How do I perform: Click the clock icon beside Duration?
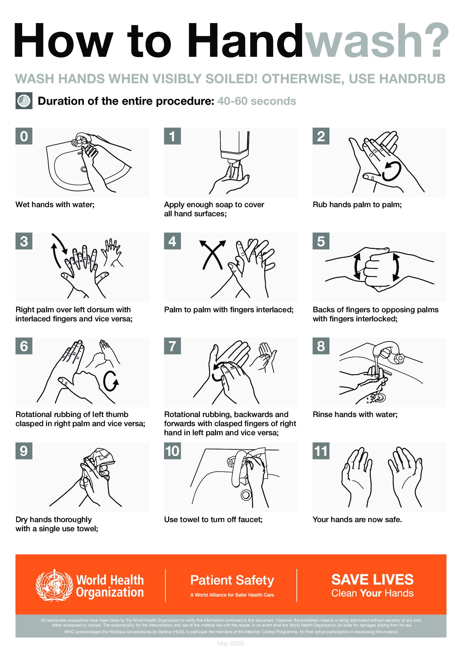pos(24,101)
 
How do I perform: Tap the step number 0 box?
pos(24,136)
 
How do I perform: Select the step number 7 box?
pos(172,346)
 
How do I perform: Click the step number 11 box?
pos(321,451)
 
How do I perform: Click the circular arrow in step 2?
pos(392,172)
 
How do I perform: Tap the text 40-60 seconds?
pos(257,101)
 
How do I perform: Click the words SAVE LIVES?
pos(372,579)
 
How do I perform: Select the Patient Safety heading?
pos(232,580)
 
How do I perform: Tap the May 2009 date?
pos(230,643)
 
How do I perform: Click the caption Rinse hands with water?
pos(355,415)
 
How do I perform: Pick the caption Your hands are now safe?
pos(357,519)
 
